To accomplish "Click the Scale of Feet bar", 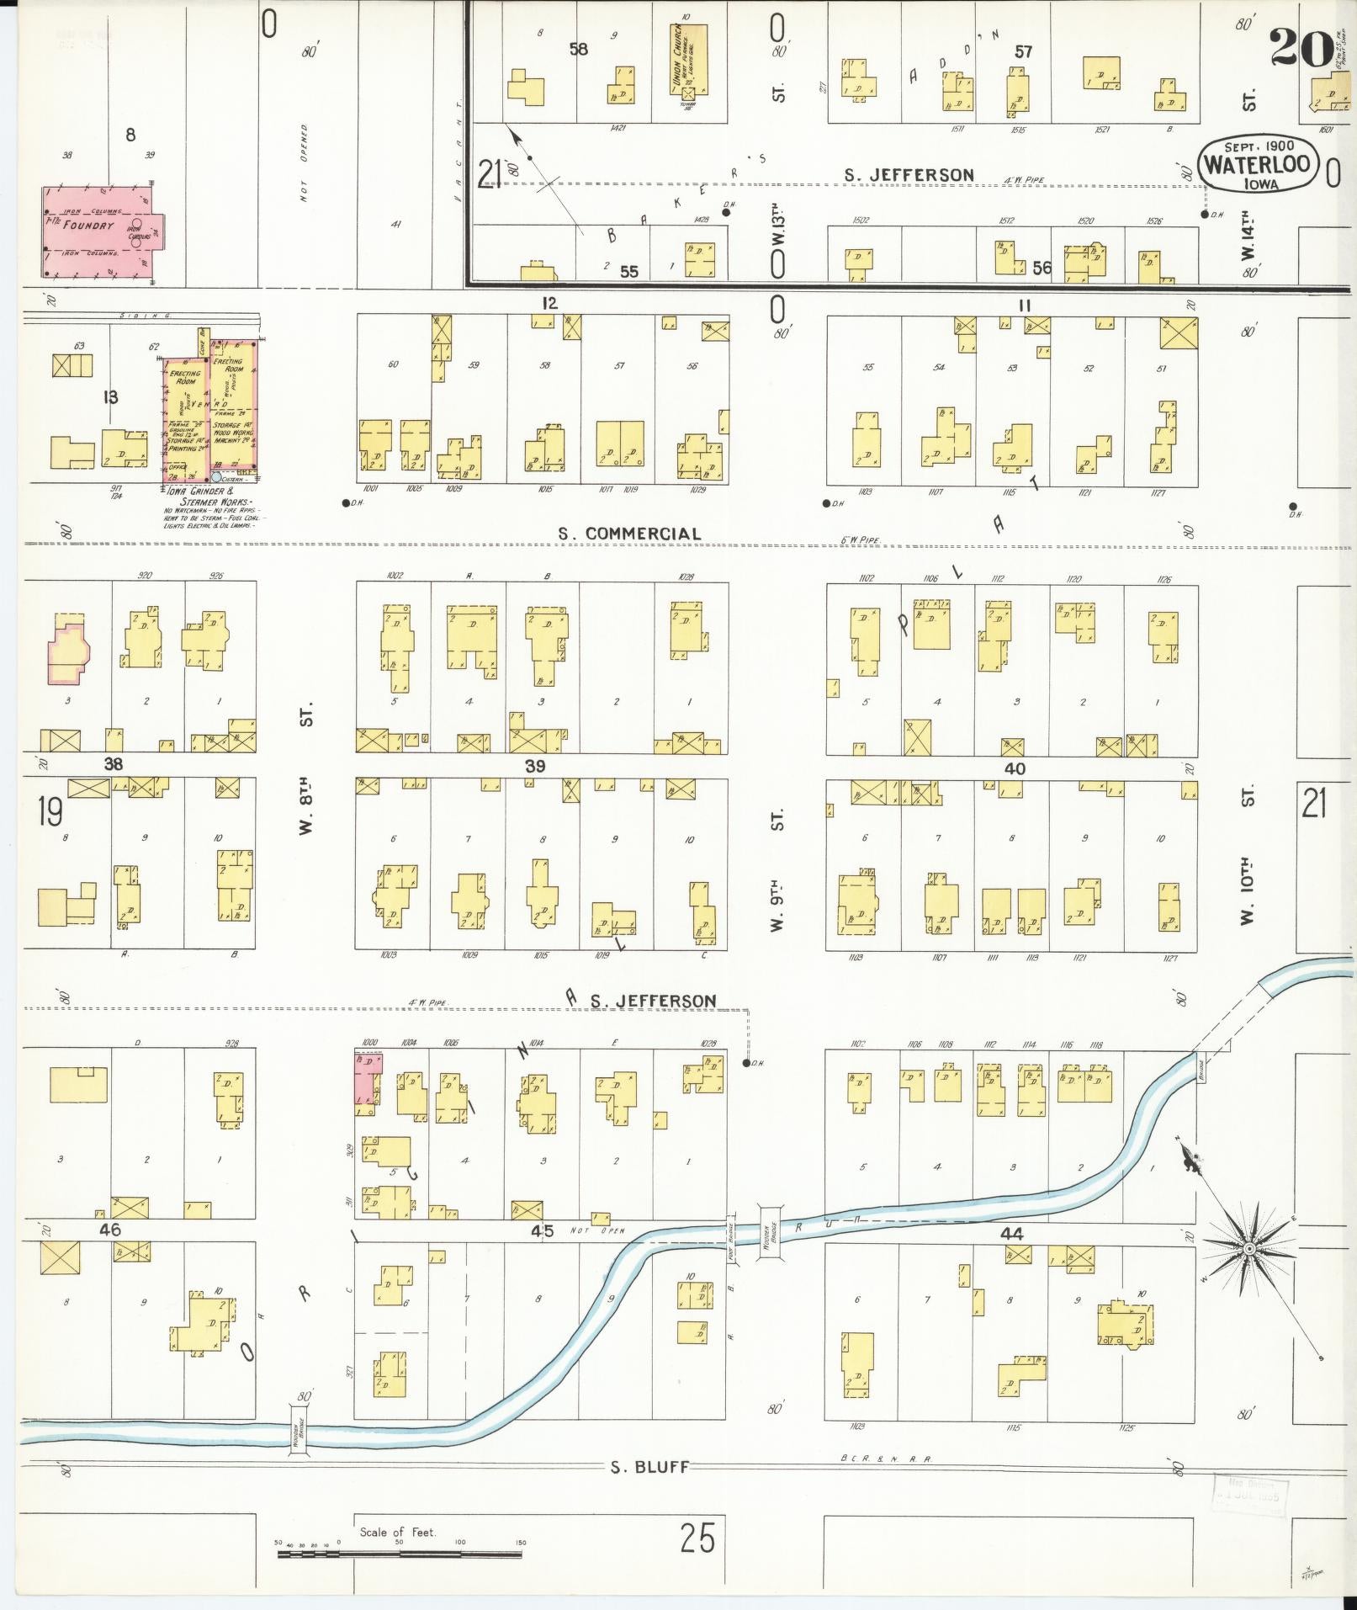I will [400, 1554].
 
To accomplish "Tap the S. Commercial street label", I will [630, 534].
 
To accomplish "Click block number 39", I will [535, 766].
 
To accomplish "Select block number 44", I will [1010, 1234].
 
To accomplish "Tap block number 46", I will [109, 1230].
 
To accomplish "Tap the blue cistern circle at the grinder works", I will [216, 476].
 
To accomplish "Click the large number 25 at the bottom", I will [697, 1538].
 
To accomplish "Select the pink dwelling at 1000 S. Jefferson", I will [366, 1079].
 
